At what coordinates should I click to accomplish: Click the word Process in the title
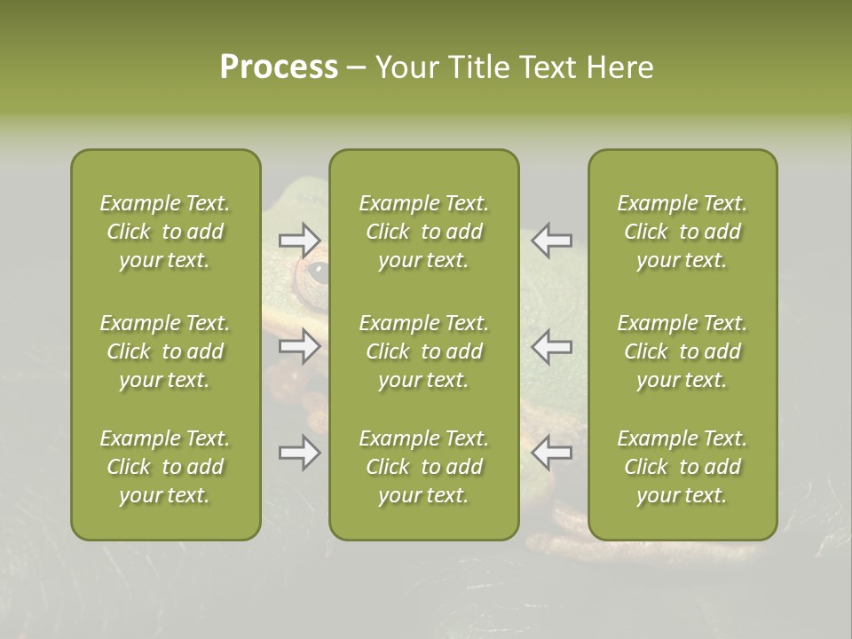[279, 67]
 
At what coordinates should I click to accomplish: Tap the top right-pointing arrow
[299, 240]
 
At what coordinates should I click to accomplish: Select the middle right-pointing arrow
[299, 346]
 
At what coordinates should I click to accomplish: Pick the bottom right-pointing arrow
[299, 453]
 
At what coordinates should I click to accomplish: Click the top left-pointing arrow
[551, 240]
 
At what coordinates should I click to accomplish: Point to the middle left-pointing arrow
[551, 346]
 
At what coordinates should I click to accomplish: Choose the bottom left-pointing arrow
[551, 453]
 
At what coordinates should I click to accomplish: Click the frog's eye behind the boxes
[315, 272]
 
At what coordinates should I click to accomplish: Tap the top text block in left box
[165, 232]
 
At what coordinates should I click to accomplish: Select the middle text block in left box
[165, 351]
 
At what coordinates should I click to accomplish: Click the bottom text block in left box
[165, 467]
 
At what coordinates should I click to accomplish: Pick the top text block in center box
[423, 232]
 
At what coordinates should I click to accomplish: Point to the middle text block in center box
[423, 351]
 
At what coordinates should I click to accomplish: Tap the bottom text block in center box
[423, 467]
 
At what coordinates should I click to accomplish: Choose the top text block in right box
[682, 232]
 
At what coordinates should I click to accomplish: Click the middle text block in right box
[682, 351]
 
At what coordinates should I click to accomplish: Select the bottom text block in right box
[682, 467]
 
